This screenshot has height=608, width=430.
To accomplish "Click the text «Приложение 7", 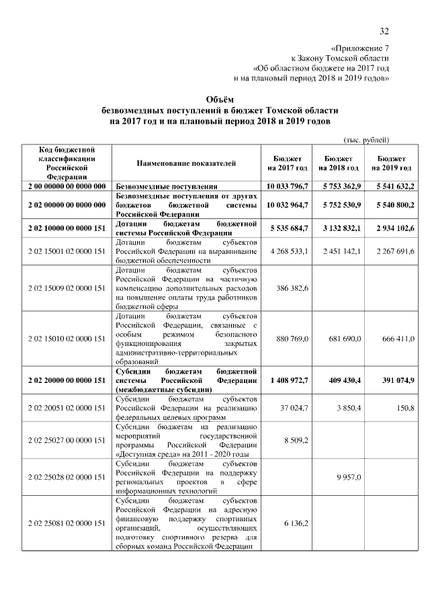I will point(361,48).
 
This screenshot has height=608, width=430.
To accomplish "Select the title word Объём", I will point(214,98).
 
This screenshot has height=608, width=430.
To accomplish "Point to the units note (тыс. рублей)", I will point(366,139).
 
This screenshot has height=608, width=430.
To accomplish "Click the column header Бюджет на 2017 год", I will point(288,163).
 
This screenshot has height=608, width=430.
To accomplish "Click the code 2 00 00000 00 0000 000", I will point(65,185).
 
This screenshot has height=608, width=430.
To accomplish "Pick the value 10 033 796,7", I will point(288,185).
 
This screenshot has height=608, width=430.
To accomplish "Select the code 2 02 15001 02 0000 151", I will point(65,251).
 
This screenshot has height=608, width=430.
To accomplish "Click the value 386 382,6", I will point(292,288).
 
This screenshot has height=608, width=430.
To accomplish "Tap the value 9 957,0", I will point(347,477).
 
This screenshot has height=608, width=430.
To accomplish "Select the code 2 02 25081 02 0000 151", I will point(65,523).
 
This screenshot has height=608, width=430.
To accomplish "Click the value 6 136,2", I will point(294,523).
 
